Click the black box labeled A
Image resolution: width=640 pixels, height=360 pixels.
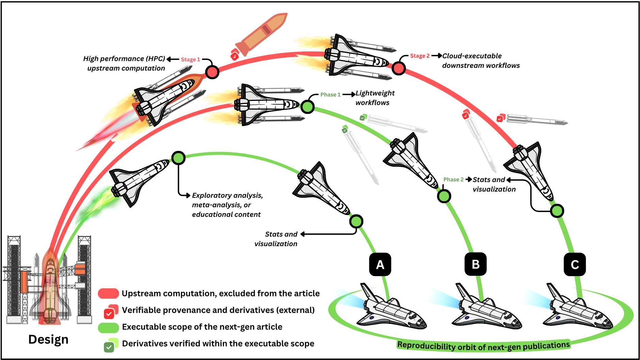380,264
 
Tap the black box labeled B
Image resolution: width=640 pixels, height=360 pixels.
475,264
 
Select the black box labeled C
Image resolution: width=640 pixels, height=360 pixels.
575,264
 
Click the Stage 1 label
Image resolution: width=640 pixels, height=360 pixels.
190,59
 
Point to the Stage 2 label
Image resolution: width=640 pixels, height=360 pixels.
420,56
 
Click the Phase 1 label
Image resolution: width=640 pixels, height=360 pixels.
330,94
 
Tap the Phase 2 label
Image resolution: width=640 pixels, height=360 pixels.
453,179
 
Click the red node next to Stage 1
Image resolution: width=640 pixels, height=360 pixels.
212,72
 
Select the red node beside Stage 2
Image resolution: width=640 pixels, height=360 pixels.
398,68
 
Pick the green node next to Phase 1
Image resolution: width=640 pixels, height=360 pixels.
307,107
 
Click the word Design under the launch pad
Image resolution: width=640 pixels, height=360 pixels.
48,339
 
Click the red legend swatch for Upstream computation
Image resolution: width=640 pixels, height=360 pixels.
108,293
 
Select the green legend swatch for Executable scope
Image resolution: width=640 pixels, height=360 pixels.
108,327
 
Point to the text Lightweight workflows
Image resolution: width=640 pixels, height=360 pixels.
375,98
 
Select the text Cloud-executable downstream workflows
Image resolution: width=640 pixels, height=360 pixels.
481,61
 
